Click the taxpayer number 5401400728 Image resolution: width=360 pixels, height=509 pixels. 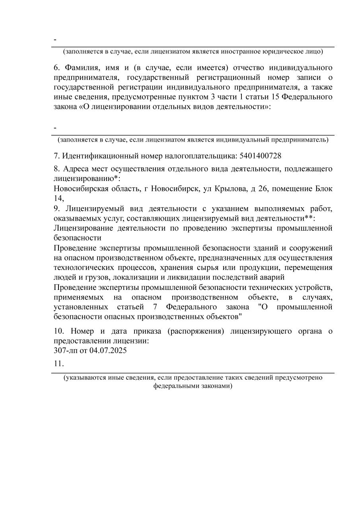[x=261, y=155]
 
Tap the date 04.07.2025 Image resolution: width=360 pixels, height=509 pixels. [x=108, y=351]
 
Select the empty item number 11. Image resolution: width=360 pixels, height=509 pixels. [x=58, y=363]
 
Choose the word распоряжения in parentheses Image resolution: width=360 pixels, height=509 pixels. [x=195, y=331]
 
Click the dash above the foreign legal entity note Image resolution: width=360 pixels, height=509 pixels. [x=55, y=40]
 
